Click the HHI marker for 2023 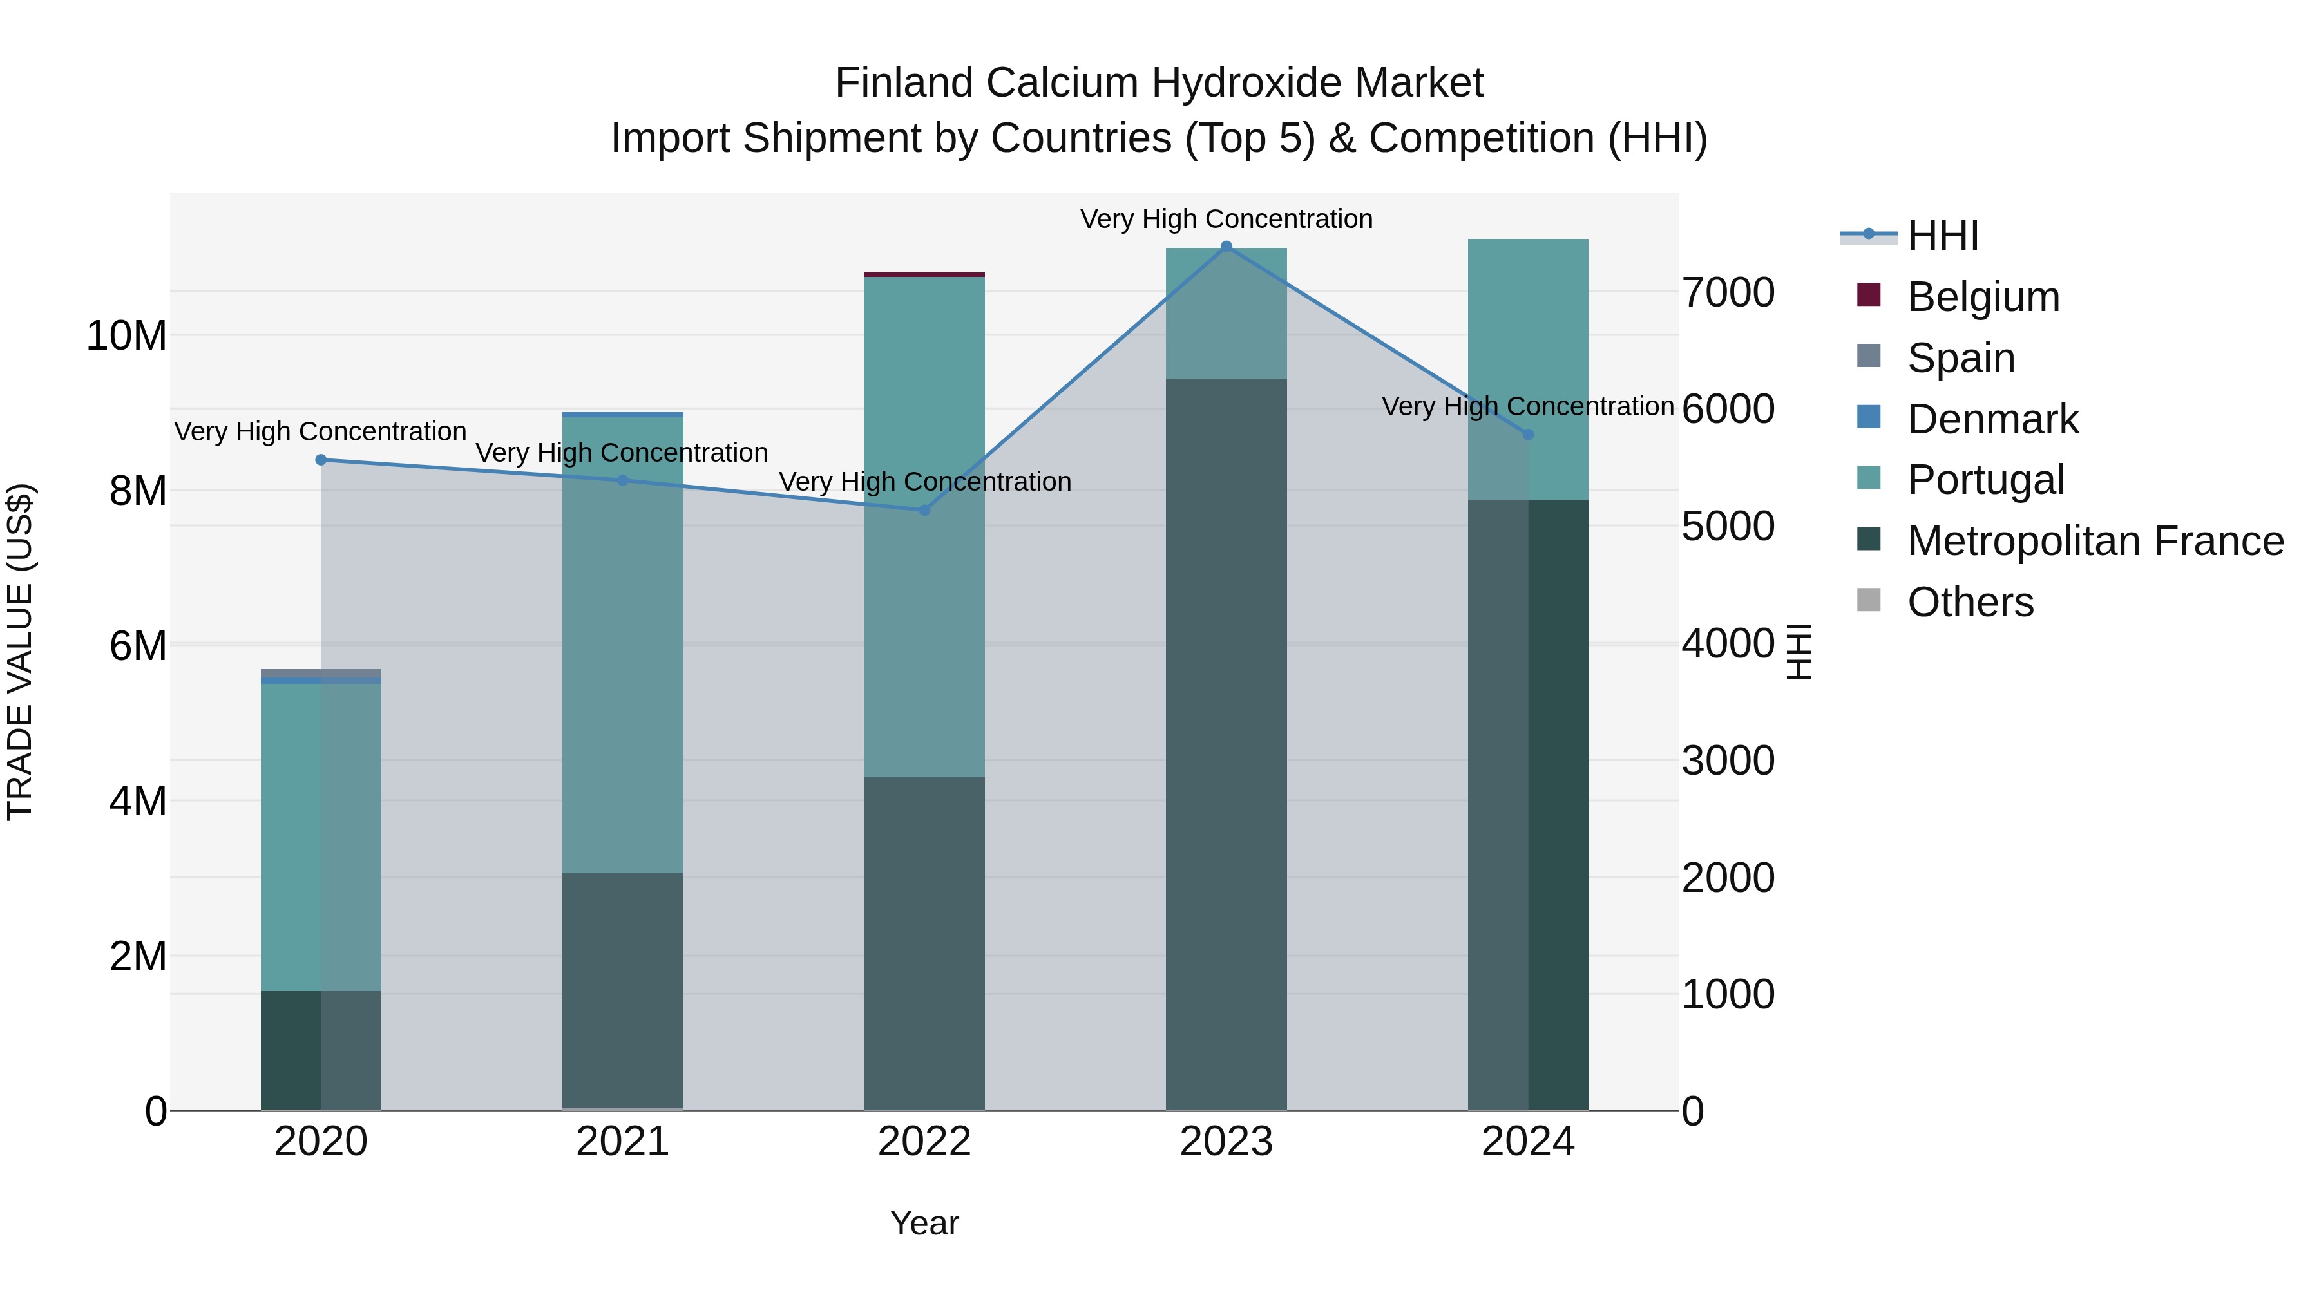coord(1226,247)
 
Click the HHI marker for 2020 coord(321,460)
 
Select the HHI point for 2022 coord(924,510)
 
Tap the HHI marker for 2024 coord(1528,435)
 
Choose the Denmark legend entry coord(1992,419)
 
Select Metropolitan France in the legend coord(2095,541)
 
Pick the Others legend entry coord(1970,602)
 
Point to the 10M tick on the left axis coord(126,335)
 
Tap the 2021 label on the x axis coord(622,1142)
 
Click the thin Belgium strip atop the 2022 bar coord(924,274)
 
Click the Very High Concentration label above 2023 coord(1226,219)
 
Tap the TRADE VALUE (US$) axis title coord(20,652)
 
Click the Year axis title coord(924,1223)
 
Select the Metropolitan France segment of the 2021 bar coord(622,990)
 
